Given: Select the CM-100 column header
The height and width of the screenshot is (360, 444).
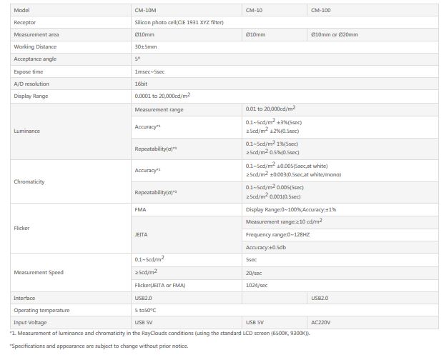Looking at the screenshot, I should point(321,11).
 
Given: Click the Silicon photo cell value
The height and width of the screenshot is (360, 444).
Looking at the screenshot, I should point(179,22).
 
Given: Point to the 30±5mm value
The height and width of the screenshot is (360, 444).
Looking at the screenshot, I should point(146,46).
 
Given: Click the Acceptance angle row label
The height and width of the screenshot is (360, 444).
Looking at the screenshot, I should point(35,59).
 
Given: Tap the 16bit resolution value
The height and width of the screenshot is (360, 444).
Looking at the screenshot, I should point(142,84).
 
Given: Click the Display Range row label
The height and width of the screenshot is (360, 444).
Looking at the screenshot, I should point(31,96).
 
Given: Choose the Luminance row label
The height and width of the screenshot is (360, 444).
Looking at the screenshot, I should point(26,131).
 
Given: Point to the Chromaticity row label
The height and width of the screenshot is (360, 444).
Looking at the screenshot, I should point(29,181).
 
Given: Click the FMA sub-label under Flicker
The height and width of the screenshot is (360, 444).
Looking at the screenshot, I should point(140,209).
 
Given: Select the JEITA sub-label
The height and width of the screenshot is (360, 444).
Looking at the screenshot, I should point(142,234).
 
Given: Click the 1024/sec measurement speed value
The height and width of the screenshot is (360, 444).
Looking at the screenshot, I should point(257,285).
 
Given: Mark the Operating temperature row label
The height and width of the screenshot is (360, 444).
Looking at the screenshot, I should point(41,310).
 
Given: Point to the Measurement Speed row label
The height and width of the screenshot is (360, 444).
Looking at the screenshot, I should point(39,272).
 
